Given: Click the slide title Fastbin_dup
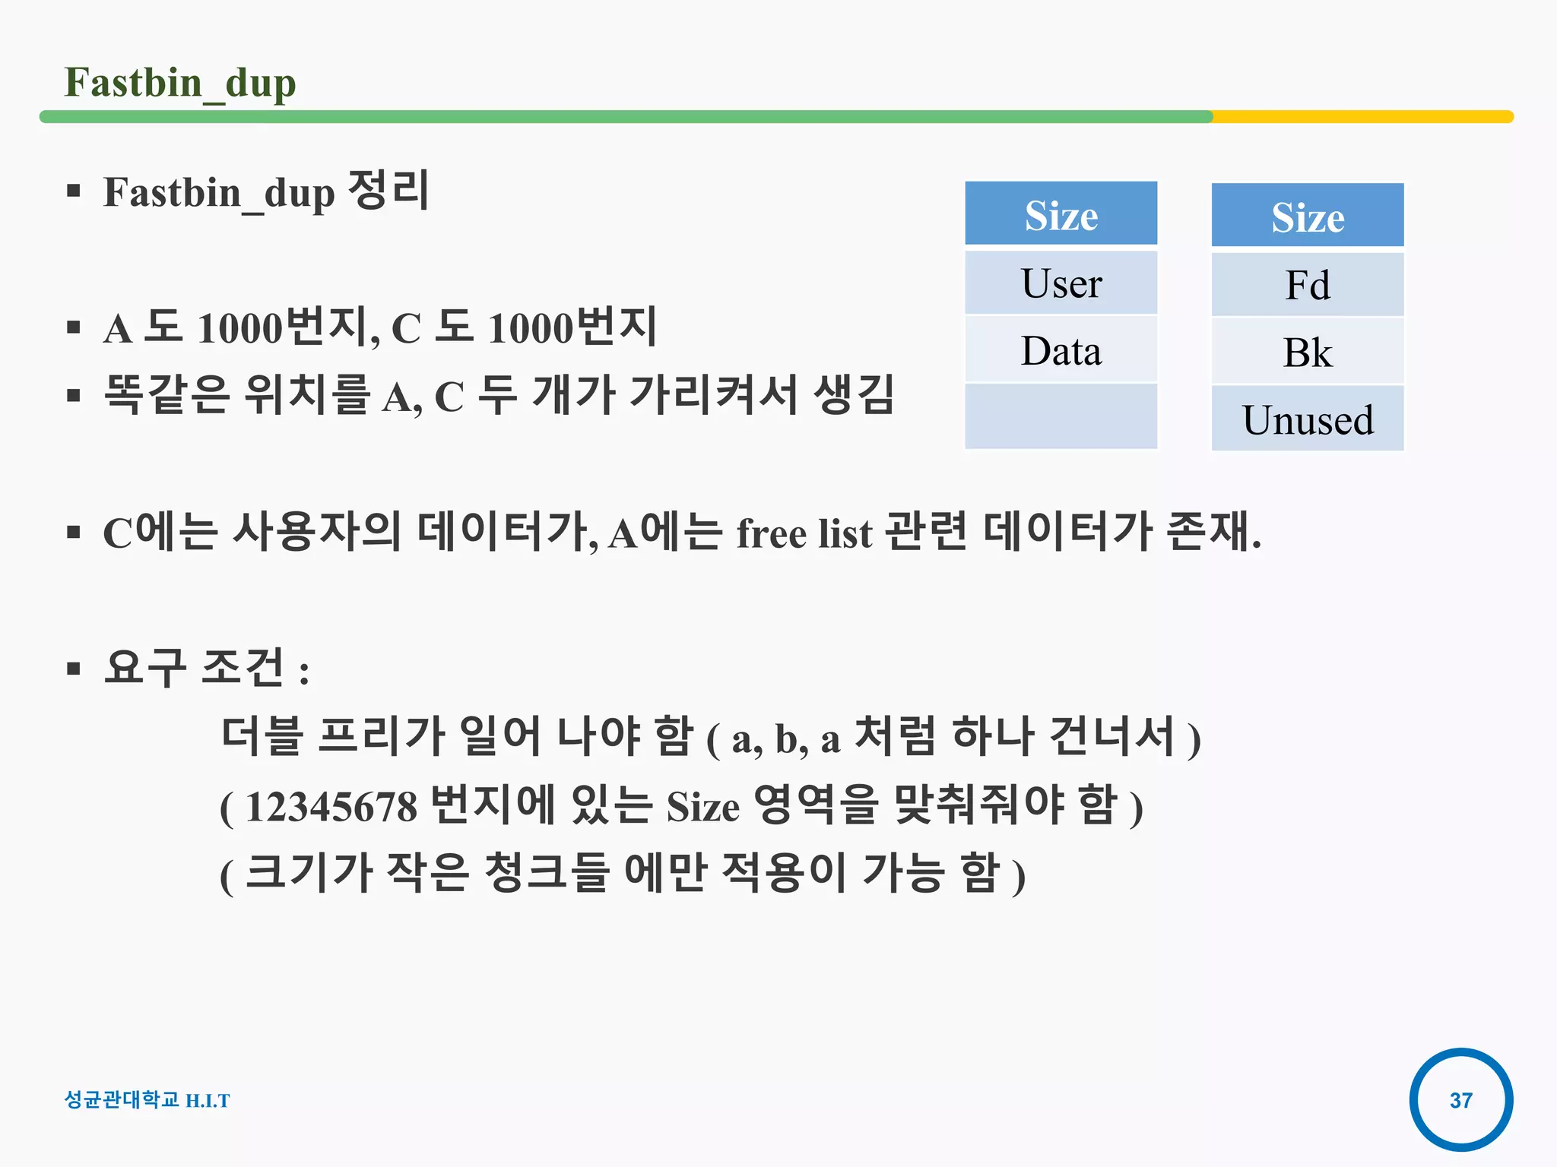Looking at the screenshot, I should click(180, 83).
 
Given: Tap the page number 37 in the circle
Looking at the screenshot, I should click(1460, 1099).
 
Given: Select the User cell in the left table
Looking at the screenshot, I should click(1061, 283).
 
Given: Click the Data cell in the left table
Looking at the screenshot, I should click(1061, 350).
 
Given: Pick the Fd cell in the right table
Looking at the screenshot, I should click(1307, 285).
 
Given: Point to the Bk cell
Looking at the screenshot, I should click(1307, 353).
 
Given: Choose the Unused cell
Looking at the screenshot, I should click(1307, 419).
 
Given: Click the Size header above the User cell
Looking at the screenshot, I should click(1061, 215).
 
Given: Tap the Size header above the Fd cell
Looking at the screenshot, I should click(1307, 217).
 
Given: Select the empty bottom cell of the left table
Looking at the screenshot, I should click(1061, 416).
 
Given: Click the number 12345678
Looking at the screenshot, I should click(331, 807).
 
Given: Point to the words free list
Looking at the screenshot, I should click(804, 533).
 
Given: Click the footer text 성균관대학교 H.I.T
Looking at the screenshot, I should click(147, 1099).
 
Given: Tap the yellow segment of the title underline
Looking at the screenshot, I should click(1361, 117).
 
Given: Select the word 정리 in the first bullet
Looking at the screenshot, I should click(388, 190).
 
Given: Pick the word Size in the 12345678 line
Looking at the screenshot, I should click(702, 807).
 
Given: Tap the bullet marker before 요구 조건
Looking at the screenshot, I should click(74, 669).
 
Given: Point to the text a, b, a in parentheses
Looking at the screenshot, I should click(785, 738).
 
